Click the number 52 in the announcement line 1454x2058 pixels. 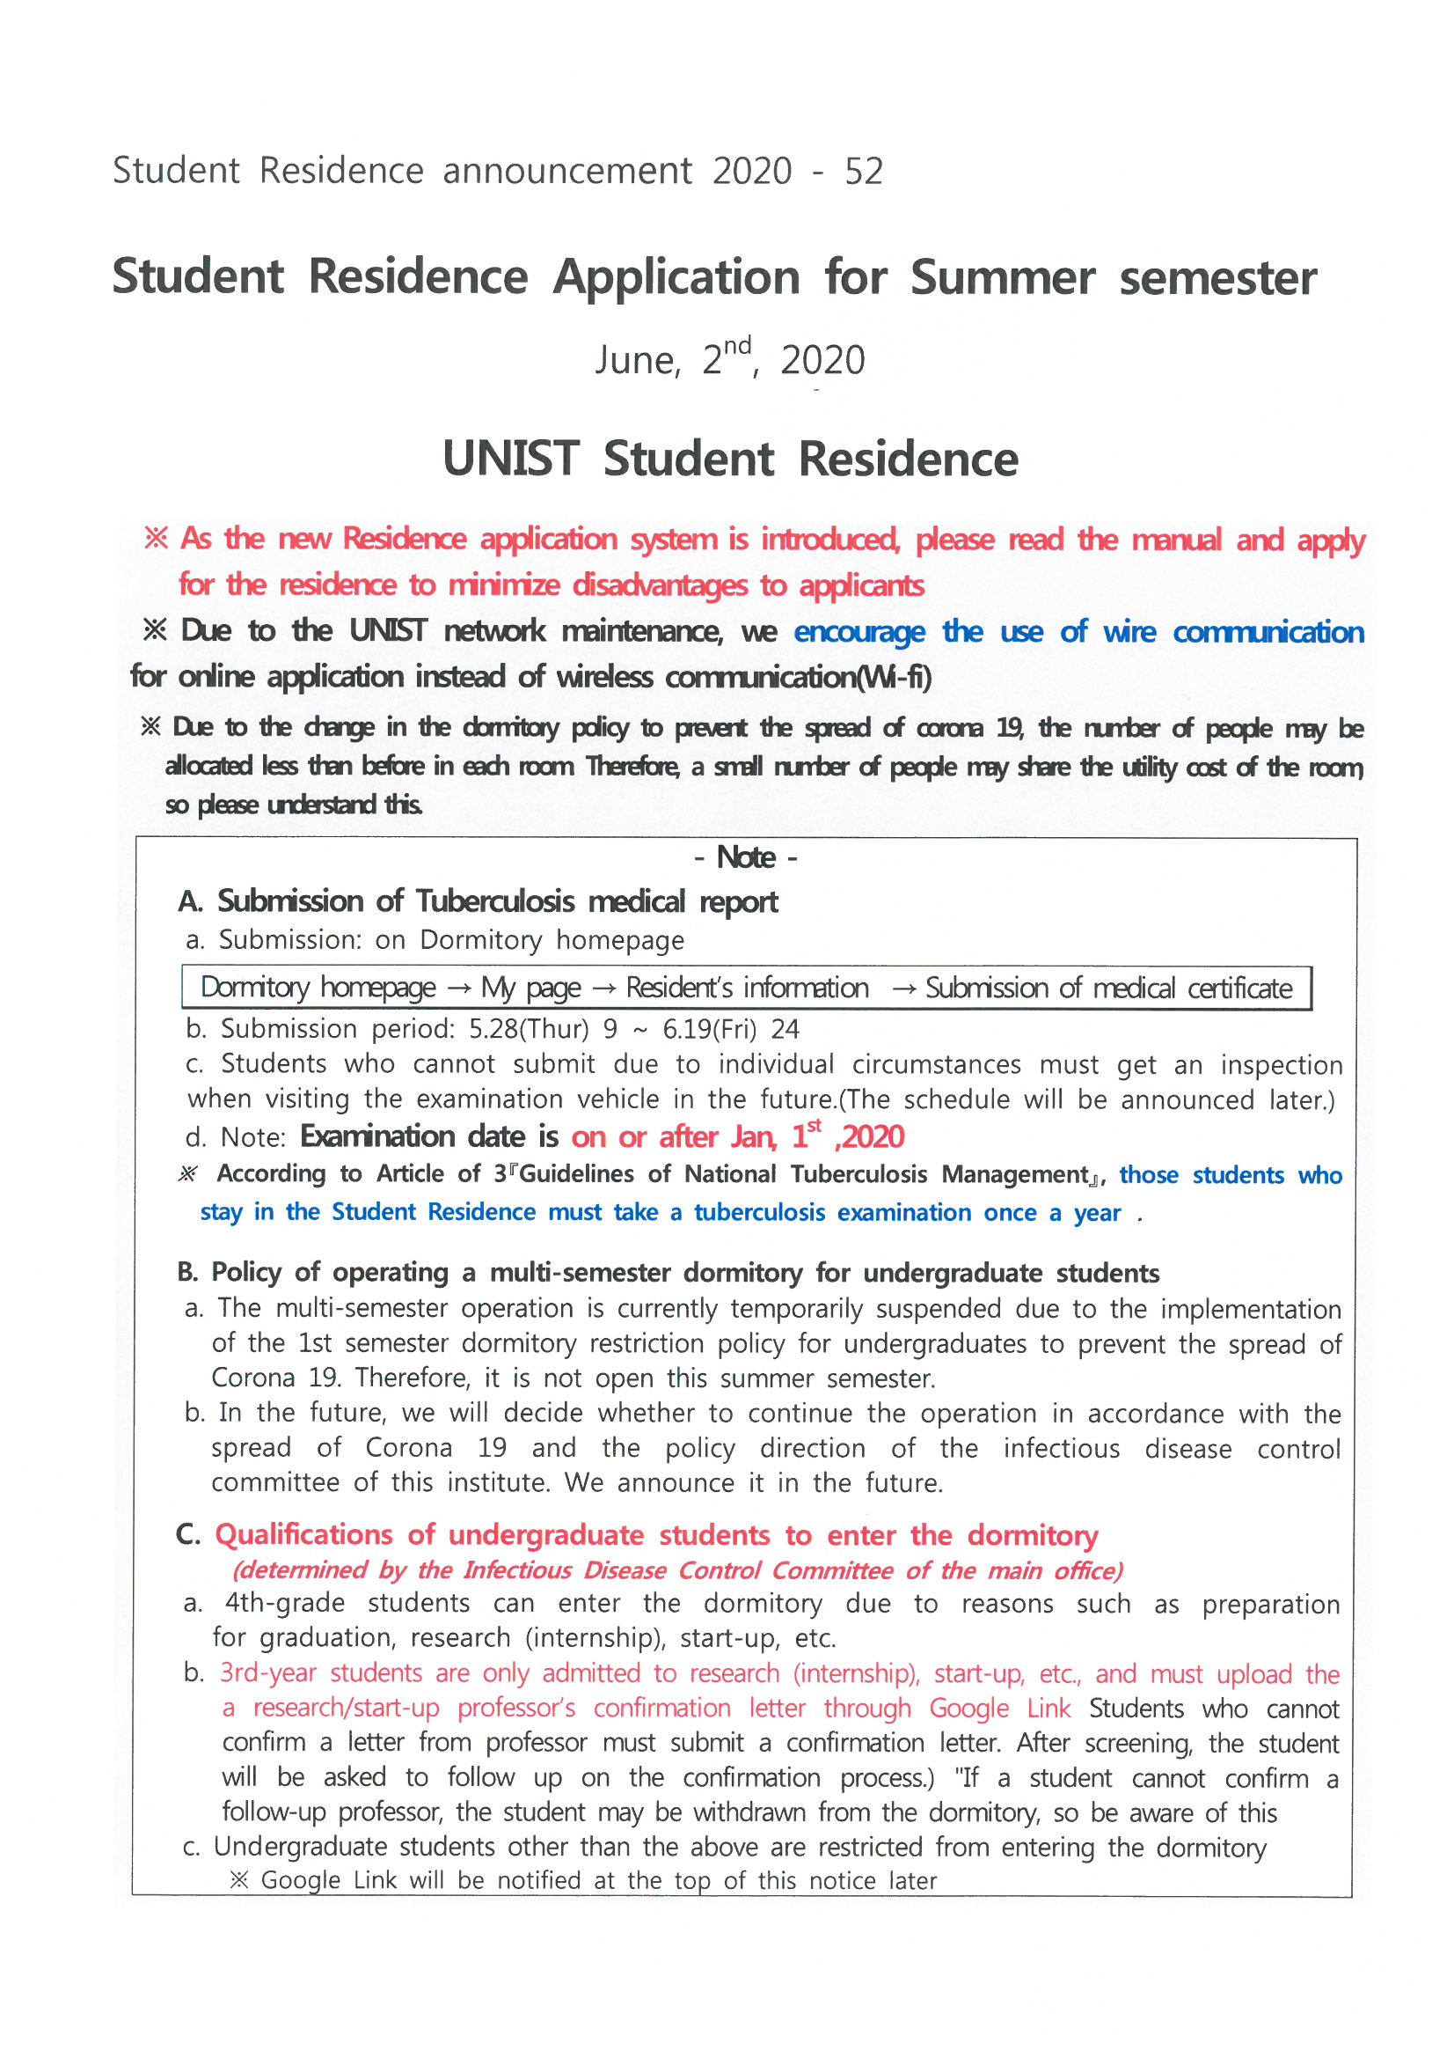coord(864,171)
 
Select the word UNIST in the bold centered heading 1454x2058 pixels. coord(511,459)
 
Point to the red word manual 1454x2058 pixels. coord(1175,540)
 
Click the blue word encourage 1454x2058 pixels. coord(859,632)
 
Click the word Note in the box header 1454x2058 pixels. coord(745,858)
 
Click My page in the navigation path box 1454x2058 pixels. coord(531,988)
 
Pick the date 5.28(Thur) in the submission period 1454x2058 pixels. coord(529,1029)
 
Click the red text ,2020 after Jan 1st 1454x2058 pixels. coord(869,1137)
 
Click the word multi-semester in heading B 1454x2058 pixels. coord(579,1273)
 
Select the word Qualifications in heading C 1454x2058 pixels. coord(303,1534)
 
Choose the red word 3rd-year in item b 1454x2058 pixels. coord(266,1673)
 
